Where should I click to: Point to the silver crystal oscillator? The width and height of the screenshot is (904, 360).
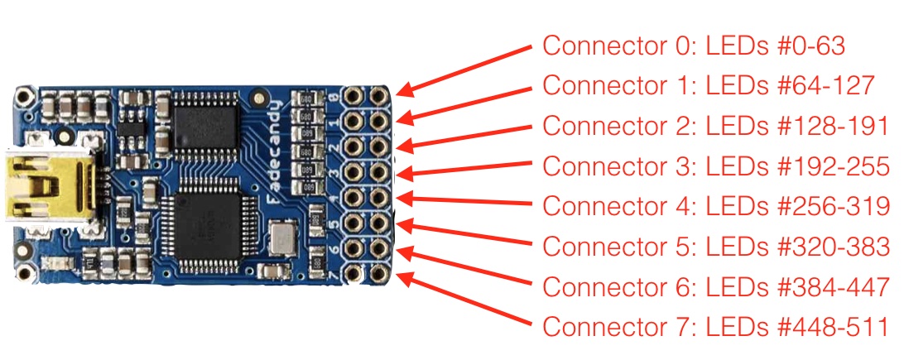point(281,240)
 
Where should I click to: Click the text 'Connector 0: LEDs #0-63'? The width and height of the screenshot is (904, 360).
point(694,46)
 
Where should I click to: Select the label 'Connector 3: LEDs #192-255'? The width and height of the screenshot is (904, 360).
point(714,166)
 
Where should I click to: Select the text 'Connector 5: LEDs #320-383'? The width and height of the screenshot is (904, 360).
point(714,246)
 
